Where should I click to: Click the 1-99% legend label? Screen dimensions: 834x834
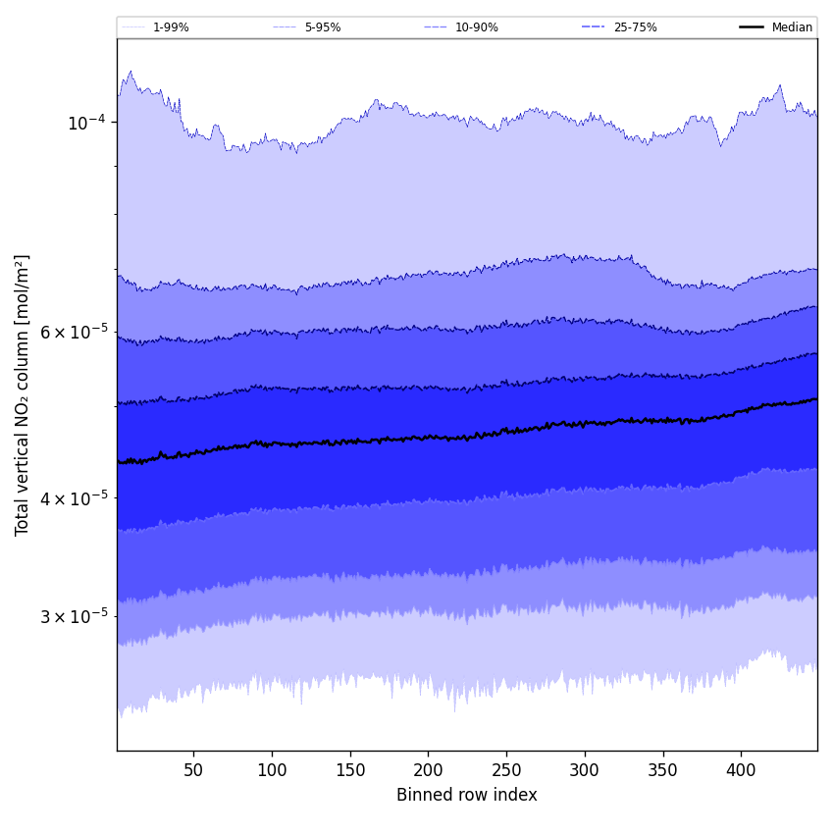click(x=171, y=27)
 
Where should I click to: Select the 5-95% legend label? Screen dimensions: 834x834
click(x=323, y=27)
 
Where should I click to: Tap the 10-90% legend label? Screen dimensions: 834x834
click(x=476, y=27)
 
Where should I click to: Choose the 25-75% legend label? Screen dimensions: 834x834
click(x=635, y=27)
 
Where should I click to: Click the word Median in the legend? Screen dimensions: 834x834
click(x=792, y=27)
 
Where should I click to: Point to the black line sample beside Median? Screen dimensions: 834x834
click(x=753, y=27)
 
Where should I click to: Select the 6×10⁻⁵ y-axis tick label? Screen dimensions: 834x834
click(x=74, y=332)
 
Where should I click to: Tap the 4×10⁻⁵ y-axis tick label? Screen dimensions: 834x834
click(x=74, y=497)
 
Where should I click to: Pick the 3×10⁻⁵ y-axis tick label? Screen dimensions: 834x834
click(x=74, y=616)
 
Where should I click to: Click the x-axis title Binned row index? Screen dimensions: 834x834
click(x=467, y=795)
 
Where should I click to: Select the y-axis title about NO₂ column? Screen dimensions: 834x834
click(x=23, y=394)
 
